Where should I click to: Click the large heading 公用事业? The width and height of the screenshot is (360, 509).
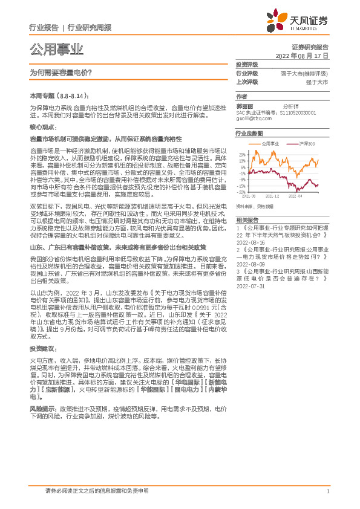tap(56, 49)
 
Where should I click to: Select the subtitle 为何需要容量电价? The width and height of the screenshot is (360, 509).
tap(61, 71)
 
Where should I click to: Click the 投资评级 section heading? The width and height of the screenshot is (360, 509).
tap(247, 64)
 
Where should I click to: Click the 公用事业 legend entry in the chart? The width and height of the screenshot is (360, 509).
tap(269, 144)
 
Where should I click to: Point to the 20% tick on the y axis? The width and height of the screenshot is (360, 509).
tap(242, 154)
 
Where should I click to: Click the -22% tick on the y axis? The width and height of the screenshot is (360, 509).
tap(242, 192)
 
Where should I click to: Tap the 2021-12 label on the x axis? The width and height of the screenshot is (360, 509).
tap(272, 196)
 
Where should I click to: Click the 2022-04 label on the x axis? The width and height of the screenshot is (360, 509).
tap(295, 196)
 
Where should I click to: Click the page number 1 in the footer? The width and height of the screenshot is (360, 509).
tap(327, 491)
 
